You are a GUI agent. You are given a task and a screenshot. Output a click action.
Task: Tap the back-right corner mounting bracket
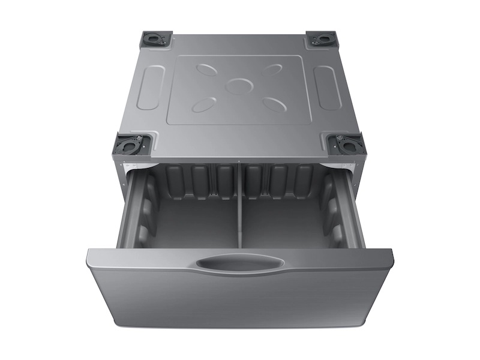point(323,39)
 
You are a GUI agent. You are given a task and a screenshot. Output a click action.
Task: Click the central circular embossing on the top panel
point(238,86)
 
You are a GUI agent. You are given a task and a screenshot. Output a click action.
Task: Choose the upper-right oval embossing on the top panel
point(271,69)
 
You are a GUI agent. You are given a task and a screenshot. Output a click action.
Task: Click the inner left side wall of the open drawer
point(133,210)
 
